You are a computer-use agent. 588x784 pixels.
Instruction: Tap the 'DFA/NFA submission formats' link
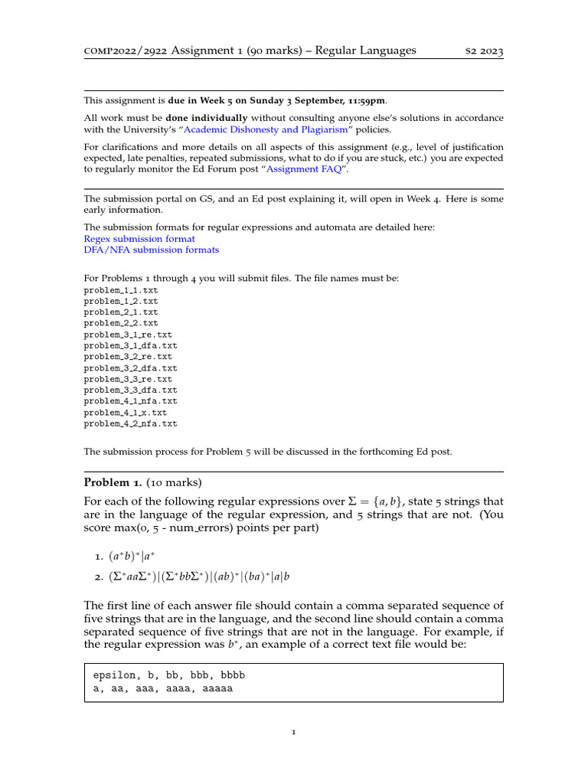(151, 250)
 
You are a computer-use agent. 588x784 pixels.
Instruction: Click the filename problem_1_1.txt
(121, 290)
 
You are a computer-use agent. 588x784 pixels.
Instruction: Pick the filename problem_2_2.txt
(121, 323)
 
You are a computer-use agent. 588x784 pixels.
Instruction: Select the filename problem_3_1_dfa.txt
(130, 345)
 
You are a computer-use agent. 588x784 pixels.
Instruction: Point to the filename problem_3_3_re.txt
(128, 379)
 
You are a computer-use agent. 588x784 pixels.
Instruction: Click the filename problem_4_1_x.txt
(125, 412)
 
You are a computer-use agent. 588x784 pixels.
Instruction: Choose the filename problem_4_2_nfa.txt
(130, 423)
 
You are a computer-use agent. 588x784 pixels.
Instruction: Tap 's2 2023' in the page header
(485, 51)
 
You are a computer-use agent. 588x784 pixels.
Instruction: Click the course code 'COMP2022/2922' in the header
(124, 51)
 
